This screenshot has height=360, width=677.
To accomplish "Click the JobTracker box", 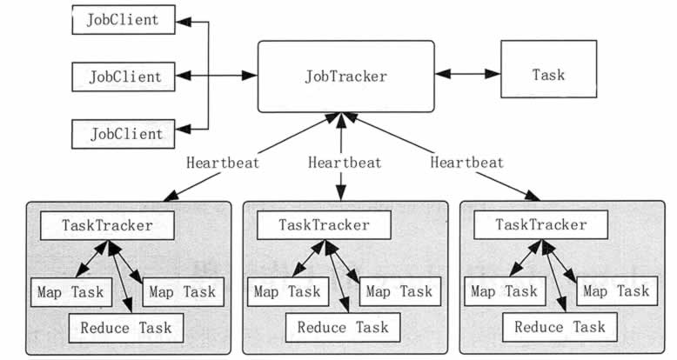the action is (x=345, y=77).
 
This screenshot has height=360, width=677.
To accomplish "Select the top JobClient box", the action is (x=124, y=19).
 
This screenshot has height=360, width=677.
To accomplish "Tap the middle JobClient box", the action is (x=124, y=77).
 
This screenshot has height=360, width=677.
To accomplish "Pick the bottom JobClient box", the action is (x=124, y=134).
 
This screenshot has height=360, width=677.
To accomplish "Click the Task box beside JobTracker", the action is (x=549, y=69).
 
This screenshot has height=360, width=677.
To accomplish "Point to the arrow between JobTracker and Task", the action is (x=467, y=74).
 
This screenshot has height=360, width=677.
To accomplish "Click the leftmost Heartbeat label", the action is (x=223, y=163).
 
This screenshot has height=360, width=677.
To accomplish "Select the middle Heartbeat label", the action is (x=345, y=163).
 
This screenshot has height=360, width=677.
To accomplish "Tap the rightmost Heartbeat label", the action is (x=467, y=163).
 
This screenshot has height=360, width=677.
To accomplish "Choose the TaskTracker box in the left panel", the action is (x=108, y=225).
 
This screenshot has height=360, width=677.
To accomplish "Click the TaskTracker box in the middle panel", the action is (x=325, y=225).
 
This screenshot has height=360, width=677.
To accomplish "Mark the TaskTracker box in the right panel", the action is (x=541, y=224).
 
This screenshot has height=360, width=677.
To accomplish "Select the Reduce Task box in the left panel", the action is (x=126, y=328).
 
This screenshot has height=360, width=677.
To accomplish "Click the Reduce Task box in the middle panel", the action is (x=343, y=328).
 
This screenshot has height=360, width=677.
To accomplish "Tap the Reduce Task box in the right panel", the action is (x=560, y=327).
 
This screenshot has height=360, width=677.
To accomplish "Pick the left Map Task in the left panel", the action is (x=71, y=292).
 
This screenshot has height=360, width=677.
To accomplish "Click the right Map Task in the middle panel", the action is (x=399, y=292).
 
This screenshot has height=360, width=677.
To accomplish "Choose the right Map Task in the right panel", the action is (x=617, y=291).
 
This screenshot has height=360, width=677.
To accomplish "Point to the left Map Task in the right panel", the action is (x=505, y=291).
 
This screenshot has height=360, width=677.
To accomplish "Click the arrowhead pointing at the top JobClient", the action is (x=184, y=22).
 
